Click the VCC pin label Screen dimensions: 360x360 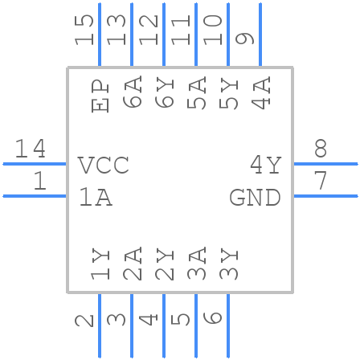coord(103,166)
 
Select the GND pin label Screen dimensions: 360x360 coord(255,198)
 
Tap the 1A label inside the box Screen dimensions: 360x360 coord(95,198)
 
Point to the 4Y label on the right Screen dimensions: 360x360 coord(266,166)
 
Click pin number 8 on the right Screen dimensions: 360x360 coord(321,149)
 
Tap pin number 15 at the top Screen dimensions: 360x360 coord(85,30)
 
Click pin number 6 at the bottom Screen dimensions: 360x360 coord(214,320)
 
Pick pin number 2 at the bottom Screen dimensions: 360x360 coord(85,320)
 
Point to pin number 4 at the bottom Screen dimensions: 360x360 coord(149,320)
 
